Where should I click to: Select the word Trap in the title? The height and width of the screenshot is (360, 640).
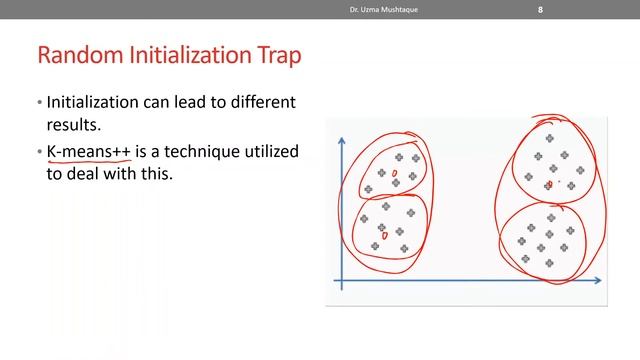click(278, 54)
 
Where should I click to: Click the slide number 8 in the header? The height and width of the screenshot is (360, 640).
click(541, 10)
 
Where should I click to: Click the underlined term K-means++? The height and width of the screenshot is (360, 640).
click(89, 151)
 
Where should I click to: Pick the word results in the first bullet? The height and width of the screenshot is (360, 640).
click(74, 127)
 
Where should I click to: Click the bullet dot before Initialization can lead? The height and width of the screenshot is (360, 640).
click(39, 104)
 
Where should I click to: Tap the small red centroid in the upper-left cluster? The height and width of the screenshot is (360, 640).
click(394, 174)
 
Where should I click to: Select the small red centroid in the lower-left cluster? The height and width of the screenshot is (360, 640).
click(385, 236)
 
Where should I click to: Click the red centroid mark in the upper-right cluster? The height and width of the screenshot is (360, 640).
click(549, 184)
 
